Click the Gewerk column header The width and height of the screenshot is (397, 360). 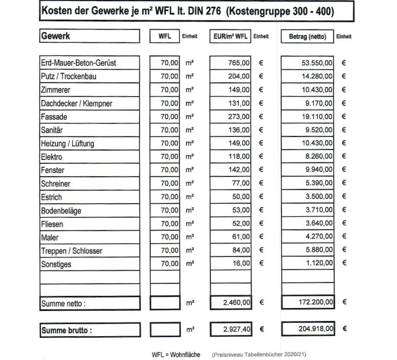click(x=55, y=36)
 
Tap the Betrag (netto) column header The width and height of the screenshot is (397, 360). click(x=307, y=36)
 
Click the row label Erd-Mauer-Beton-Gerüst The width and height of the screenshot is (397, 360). click(x=78, y=63)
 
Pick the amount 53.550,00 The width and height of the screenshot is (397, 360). click(x=317, y=63)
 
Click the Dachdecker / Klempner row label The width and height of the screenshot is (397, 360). click(x=76, y=103)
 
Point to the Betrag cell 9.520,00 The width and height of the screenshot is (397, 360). click(x=319, y=130)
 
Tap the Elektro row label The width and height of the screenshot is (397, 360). click(x=52, y=157)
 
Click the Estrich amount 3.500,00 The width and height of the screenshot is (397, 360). click(x=319, y=197)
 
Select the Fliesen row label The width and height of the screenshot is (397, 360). click(x=52, y=224)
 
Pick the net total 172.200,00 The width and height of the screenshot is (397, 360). click(x=316, y=302)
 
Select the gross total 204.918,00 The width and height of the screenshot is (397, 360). click(x=316, y=329)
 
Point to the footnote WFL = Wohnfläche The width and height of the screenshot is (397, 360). click(x=176, y=354)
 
